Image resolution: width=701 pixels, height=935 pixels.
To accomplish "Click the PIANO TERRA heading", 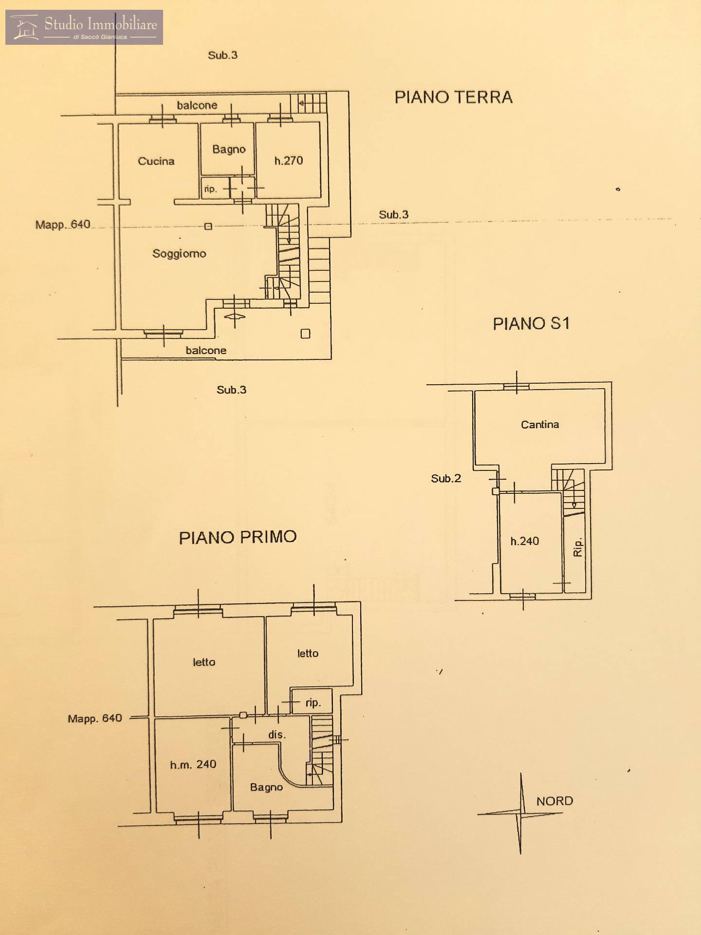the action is click(x=453, y=97).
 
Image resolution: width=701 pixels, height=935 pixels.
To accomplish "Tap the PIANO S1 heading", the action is click(x=531, y=324).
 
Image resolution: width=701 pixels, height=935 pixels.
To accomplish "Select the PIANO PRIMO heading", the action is click(x=238, y=537).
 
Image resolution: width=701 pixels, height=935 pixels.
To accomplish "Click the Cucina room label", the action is click(x=156, y=161).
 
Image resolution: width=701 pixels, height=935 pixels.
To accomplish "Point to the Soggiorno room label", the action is click(x=179, y=254).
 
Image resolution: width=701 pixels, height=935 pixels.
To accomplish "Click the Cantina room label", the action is click(x=540, y=425).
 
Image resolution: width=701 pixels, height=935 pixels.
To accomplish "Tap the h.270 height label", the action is click(x=289, y=161).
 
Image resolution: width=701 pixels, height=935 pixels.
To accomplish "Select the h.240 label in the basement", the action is click(x=525, y=541).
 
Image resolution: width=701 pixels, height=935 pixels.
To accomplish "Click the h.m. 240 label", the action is click(x=193, y=765).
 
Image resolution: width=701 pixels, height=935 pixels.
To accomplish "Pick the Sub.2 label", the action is click(x=446, y=479).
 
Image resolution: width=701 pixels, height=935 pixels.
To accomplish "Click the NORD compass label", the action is click(x=554, y=801).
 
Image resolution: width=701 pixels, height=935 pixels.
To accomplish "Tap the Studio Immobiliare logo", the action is click(x=84, y=27).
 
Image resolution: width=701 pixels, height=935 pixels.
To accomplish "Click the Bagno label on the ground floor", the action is click(x=229, y=150).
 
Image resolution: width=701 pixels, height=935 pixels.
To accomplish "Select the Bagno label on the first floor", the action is click(x=266, y=787).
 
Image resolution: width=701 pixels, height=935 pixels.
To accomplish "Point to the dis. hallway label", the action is click(x=277, y=734).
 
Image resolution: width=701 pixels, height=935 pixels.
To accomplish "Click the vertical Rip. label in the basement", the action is click(x=578, y=547).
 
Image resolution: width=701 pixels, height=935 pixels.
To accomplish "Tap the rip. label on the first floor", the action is click(x=313, y=703).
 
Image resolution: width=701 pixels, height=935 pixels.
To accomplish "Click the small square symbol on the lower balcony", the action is click(x=305, y=334).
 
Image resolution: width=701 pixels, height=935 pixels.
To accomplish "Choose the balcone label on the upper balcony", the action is click(x=197, y=105).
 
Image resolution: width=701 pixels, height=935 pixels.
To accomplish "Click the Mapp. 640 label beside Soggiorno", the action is click(x=63, y=224).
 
